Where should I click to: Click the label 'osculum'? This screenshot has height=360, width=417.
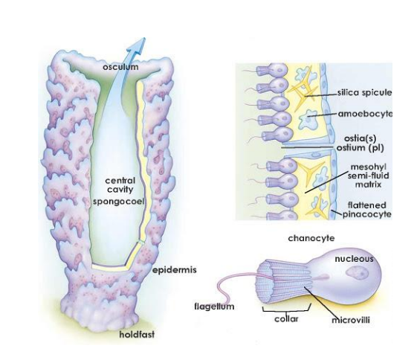120,67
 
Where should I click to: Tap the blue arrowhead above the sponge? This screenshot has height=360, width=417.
138,46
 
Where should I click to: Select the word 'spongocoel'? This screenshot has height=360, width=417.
118,202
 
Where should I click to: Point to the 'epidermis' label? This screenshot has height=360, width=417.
174,270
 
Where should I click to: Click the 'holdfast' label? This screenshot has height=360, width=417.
137,334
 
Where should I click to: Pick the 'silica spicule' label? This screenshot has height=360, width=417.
365,92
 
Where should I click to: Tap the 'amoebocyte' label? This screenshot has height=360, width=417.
365,114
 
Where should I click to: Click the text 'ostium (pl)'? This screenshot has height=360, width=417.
361,148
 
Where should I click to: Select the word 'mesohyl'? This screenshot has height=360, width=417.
369,167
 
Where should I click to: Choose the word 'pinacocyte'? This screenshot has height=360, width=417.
366,214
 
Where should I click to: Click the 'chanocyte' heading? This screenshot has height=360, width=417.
311,238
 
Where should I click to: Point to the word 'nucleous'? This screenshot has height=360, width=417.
354,259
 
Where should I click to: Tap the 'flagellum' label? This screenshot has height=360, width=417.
214,306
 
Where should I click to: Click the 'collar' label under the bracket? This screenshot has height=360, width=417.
286,318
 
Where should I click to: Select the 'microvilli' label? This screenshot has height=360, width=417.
351,320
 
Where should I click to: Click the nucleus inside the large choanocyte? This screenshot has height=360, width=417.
357,274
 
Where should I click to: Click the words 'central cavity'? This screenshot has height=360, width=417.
120,185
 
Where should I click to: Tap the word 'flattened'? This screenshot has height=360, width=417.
366,205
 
